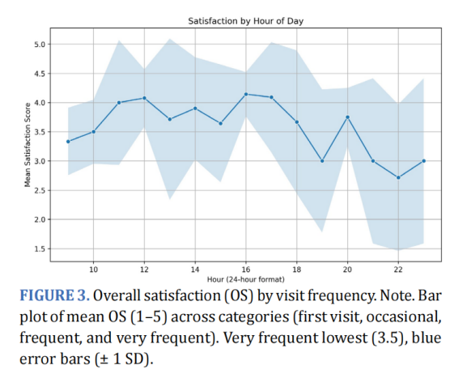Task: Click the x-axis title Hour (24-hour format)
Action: click(x=245, y=279)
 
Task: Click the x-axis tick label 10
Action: click(x=93, y=269)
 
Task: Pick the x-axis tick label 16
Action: click(x=245, y=269)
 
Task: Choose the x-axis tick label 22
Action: click(x=398, y=269)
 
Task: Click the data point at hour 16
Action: click(x=245, y=95)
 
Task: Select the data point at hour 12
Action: click(x=144, y=98)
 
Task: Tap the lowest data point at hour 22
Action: click(x=398, y=177)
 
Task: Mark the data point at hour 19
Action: click(x=322, y=161)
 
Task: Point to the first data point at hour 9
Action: click(x=68, y=142)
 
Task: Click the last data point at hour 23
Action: click(x=423, y=161)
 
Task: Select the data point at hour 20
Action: click(x=347, y=117)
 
